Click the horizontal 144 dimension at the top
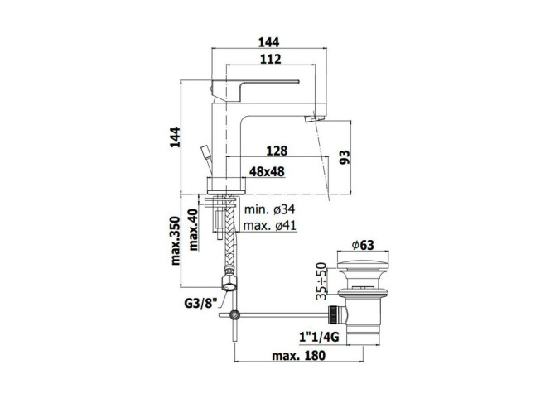coord(268,42)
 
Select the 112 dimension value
coord(271,59)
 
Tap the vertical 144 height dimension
coord(175,137)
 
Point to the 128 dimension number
coord(277,151)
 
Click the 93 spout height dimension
coord(345,157)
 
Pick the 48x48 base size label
coord(267,172)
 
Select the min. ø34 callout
coord(269,209)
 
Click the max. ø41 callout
coord(269,225)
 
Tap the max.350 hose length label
coord(175,241)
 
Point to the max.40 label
coord(193,230)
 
